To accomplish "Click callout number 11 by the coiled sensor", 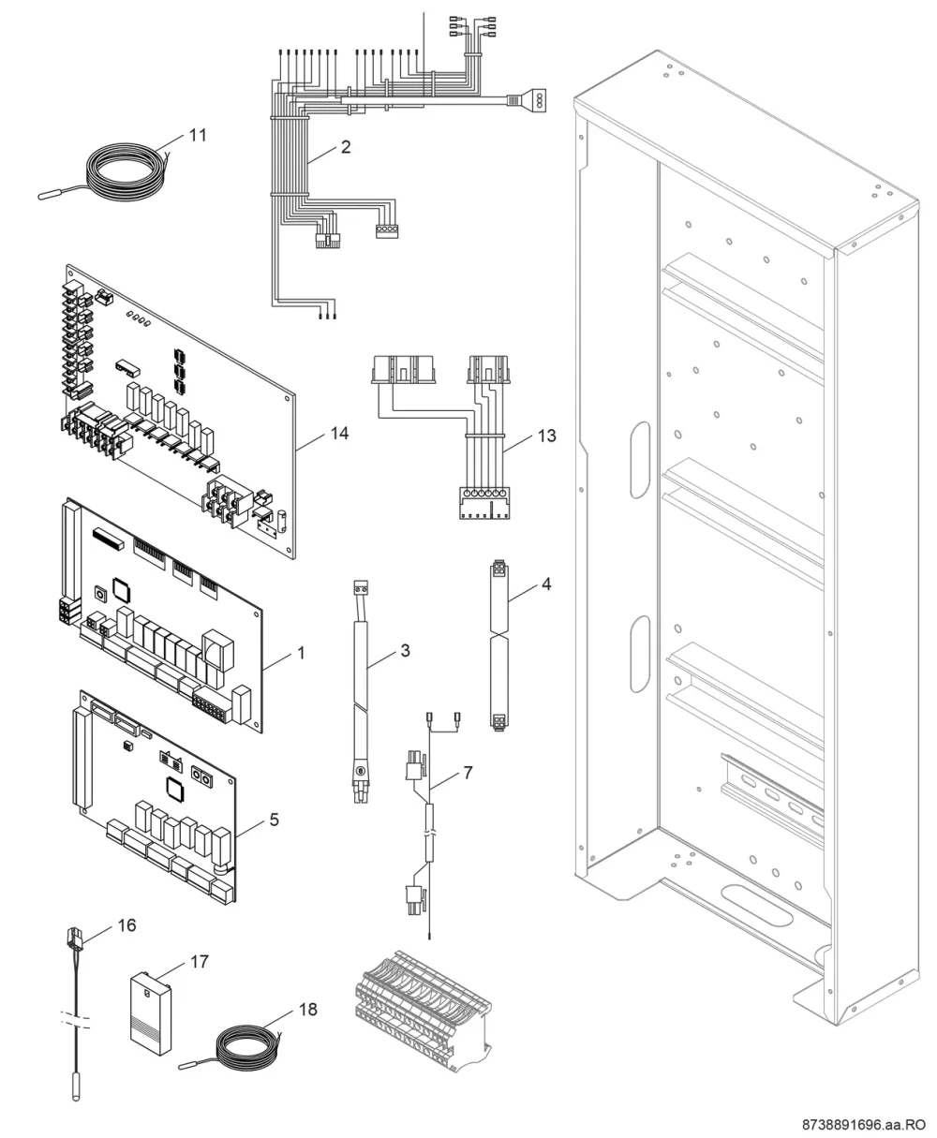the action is pos(198,135).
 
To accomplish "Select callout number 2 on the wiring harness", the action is pos(346,147).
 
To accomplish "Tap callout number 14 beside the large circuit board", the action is pos(339,433).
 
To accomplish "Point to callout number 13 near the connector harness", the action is pos(547,436).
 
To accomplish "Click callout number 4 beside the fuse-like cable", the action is pos(546,584).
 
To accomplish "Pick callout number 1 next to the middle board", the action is pos(301,653).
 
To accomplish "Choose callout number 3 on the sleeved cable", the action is pos(406,650).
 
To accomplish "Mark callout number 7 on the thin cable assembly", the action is pos(468,773).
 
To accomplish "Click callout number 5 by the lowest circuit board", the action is pos(275,820).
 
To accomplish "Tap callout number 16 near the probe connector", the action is pos(126,925).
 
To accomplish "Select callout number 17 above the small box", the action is pos(200,962).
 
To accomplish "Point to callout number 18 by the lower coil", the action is pos(308,1010).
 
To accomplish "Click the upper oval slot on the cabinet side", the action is pos(640,460).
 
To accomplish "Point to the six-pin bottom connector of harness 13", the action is pos(484,503).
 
